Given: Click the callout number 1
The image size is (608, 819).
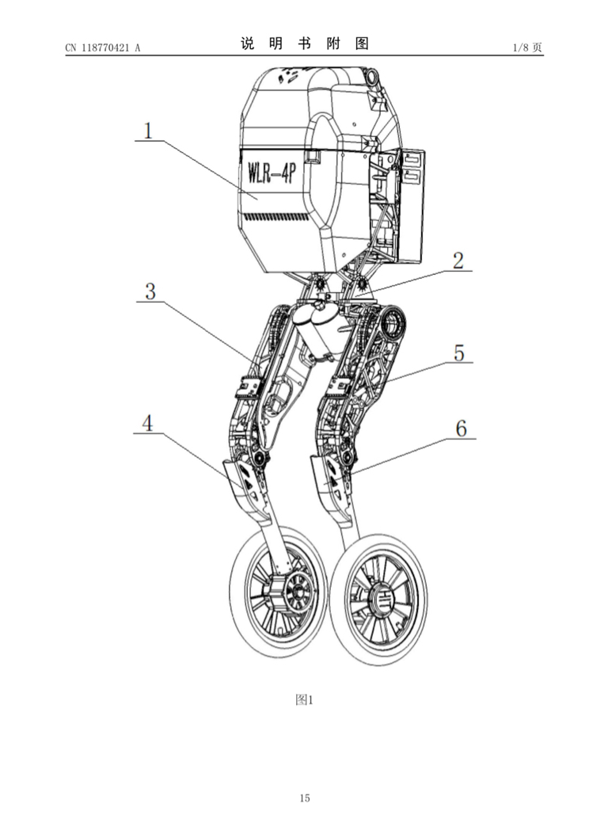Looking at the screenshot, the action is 148,130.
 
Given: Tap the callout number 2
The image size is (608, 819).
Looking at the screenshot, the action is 458,261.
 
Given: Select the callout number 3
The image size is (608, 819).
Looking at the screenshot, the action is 150,291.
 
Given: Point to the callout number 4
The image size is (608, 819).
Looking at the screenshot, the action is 148,422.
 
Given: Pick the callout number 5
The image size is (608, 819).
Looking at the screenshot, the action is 458,352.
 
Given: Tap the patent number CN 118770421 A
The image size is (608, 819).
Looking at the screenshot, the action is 103,48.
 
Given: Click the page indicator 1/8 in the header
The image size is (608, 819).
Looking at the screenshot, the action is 522,48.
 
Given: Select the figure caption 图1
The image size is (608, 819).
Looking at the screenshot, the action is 304,699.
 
